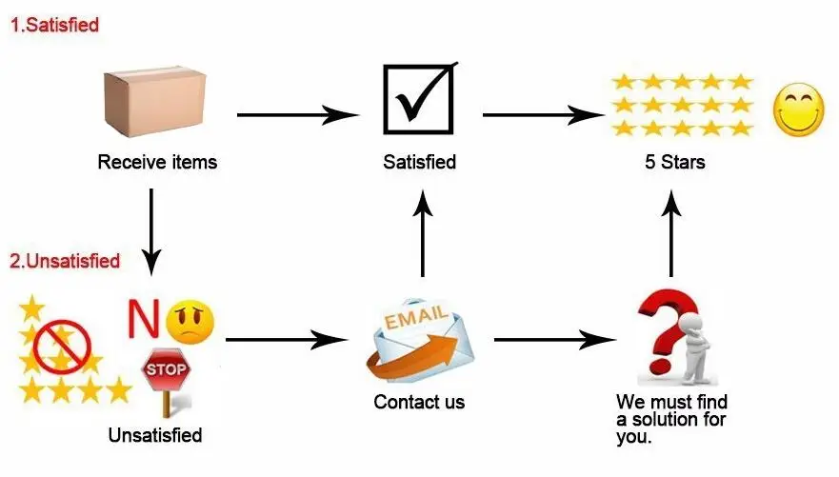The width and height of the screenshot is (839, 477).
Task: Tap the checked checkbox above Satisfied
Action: pos(418,98)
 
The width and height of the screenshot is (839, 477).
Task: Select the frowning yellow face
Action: pos(190,321)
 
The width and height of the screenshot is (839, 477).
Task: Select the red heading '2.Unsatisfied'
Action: pos(65,260)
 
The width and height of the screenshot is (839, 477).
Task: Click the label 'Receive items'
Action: pos(157,162)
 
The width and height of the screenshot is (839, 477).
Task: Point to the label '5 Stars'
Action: pos(674,162)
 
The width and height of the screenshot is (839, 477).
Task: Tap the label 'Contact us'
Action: pos(419,402)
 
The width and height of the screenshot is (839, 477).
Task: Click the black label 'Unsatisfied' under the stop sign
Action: pos(155,436)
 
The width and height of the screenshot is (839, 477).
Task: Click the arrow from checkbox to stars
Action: pos(543,115)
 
